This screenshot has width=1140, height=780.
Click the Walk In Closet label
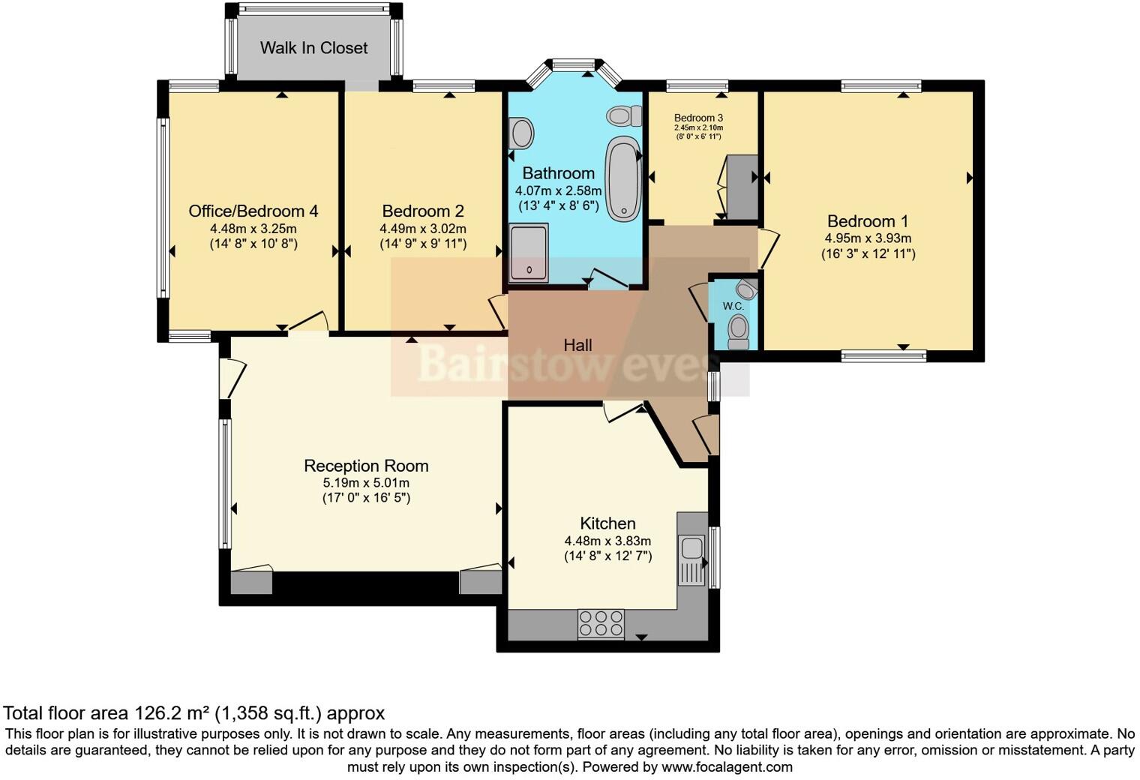tap(313, 48)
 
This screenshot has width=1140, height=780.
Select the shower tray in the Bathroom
tap(529, 252)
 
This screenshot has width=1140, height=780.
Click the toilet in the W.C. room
tap(738, 331)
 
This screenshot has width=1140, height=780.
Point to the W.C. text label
tap(733, 306)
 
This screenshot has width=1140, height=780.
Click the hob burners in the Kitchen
tap(601, 624)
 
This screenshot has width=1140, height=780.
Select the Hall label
tap(577, 346)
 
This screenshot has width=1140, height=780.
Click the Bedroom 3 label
tap(698, 118)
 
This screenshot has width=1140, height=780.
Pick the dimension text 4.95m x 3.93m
tap(868, 238)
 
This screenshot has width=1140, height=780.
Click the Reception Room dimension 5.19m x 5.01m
tap(366, 482)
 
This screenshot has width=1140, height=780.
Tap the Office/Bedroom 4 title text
tap(253, 211)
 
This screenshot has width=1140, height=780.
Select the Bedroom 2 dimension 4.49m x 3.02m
tap(423, 229)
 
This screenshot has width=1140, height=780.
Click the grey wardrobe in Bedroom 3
tap(742, 187)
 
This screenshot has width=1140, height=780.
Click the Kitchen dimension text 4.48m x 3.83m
tap(607, 541)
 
